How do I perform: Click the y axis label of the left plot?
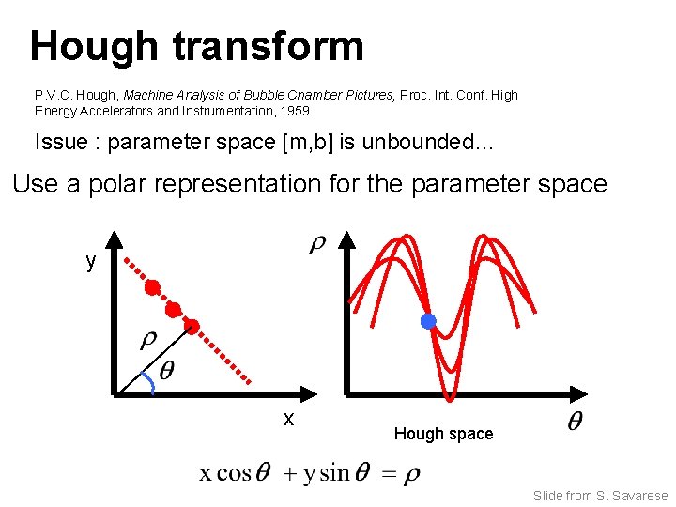pyautogui.click(x=90, y=261)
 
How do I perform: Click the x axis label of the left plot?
pyautogui.click(x=289, y=419)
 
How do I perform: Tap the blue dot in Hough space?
pyautogui.click(x=428, y=321)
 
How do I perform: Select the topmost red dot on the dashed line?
pyautogui.click(x=152, y=286)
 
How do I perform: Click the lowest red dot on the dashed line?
pyautogui.click(x=192, y=327)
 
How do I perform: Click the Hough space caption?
pyautogui.click(x=443, y=434)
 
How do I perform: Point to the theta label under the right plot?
pyautogui.click(x=573, y=422)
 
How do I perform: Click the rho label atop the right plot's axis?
pyautogui.click(x=318, y=245)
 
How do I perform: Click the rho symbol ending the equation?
pyautogui.click(x=411, y=475)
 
